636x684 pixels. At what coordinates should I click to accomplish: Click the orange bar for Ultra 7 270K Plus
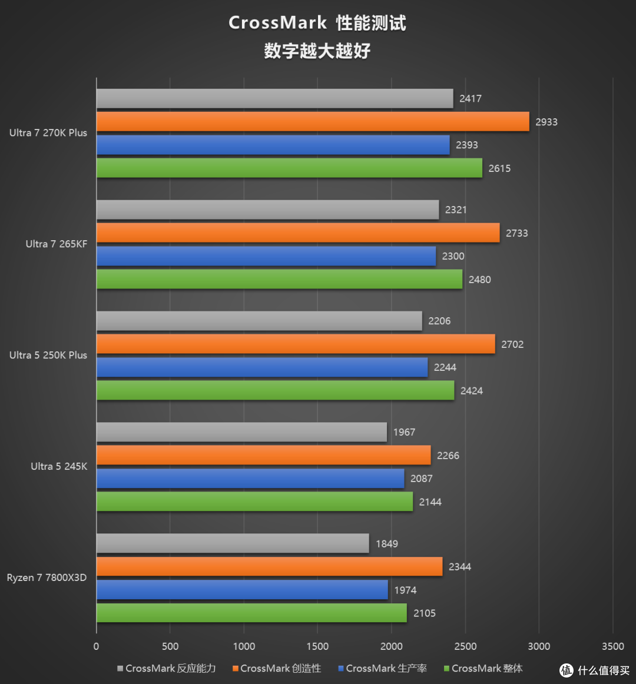[x=312, y=122]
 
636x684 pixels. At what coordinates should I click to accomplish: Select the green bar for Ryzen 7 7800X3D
[x=251, y=613]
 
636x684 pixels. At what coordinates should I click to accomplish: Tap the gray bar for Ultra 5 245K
[x=241, y=432]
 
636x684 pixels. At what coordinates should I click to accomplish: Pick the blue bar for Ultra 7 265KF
[x=266, y=256]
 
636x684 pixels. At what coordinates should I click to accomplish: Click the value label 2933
[x=546, y=122]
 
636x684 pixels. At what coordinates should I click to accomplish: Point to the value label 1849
[x=386, y=544]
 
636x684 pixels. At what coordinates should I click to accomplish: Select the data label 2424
[x=471, y=391]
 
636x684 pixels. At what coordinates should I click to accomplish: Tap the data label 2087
[x=421, y=479]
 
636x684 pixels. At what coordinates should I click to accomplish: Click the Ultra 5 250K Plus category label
[x=48, y=355]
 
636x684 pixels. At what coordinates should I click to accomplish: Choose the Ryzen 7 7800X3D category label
[x=47, y=577]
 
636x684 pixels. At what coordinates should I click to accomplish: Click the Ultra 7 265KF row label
[x=56, y=244]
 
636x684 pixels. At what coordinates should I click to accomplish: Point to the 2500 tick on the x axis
[x=465, y=646]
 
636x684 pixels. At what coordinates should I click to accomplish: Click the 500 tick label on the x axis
[x=170, y=646]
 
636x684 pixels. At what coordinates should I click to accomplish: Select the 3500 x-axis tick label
[x=612, y=646]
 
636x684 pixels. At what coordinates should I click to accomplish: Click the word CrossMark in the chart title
[x=277, y=22]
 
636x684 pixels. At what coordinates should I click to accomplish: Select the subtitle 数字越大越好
[x=317, y=51]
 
